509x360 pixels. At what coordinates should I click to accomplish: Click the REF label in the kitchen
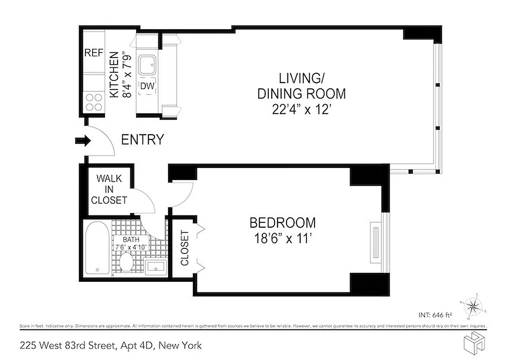(94, 53)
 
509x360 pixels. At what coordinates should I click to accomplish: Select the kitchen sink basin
(147, 66)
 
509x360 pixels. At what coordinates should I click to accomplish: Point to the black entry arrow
(82, 141)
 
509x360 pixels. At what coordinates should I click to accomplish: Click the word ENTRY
(142, 140)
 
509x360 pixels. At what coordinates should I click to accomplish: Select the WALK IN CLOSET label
(109, 189)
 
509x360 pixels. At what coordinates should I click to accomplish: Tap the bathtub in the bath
(96, 249)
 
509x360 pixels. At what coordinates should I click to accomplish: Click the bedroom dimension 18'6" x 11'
(282, 239)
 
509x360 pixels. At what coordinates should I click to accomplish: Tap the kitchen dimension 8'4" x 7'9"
(128, 75)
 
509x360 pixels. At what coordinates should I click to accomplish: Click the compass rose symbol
(472, 307)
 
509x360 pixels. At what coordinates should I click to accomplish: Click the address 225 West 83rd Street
(69, 346)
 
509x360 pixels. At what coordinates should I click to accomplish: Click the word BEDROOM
(282, 223)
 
